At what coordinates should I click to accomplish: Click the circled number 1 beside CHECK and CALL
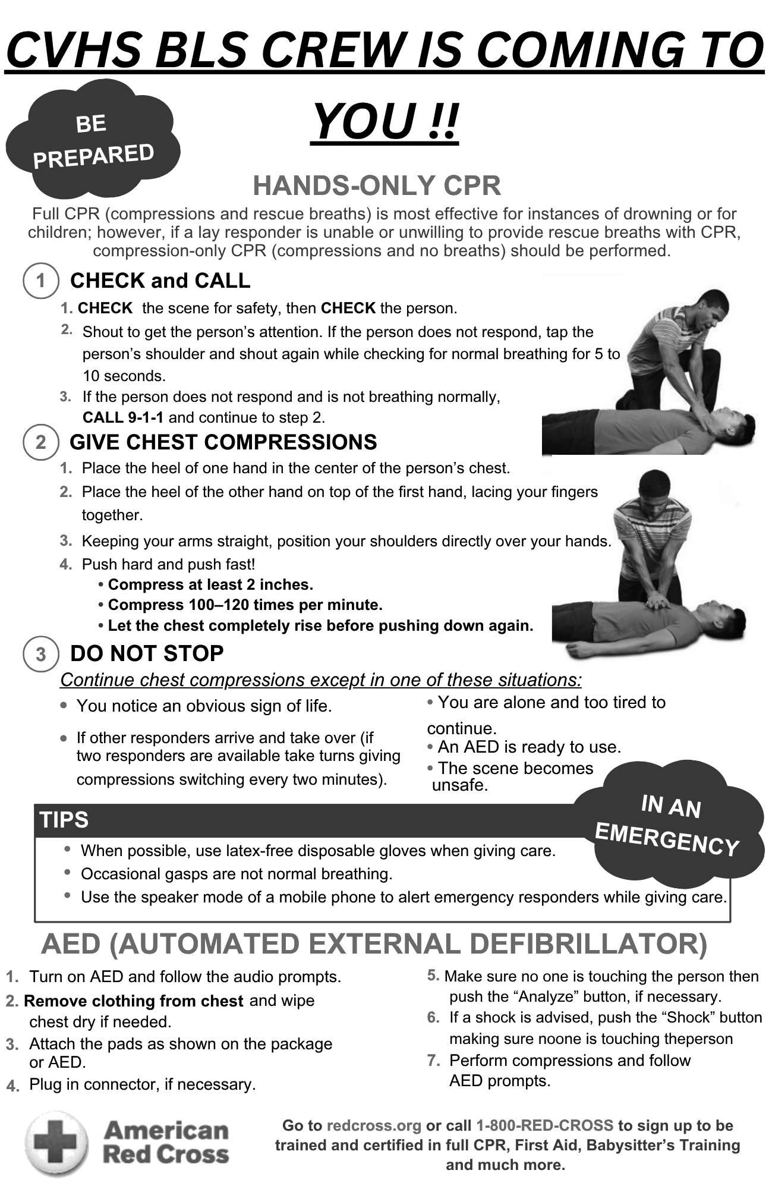(x=40, y=281)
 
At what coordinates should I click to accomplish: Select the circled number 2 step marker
(x=40, y=442)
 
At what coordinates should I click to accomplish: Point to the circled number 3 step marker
(x=40, y=654)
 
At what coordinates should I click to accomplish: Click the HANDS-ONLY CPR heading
(x=377, y=186)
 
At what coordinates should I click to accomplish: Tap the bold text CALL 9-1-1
(x=123, y=417)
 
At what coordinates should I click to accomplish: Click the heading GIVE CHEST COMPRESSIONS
(x=223, y=442)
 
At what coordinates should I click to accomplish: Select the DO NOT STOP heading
(x=147, y=653)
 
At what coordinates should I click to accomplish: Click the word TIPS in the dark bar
(x=64, y=820)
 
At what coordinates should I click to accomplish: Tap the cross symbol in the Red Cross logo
(x=55, y=1143)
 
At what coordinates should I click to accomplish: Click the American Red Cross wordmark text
(x=166, y=1143)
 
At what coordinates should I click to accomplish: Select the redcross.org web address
(x=374, y=1125)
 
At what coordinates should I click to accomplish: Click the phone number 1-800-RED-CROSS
(x=544, y=1125)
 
